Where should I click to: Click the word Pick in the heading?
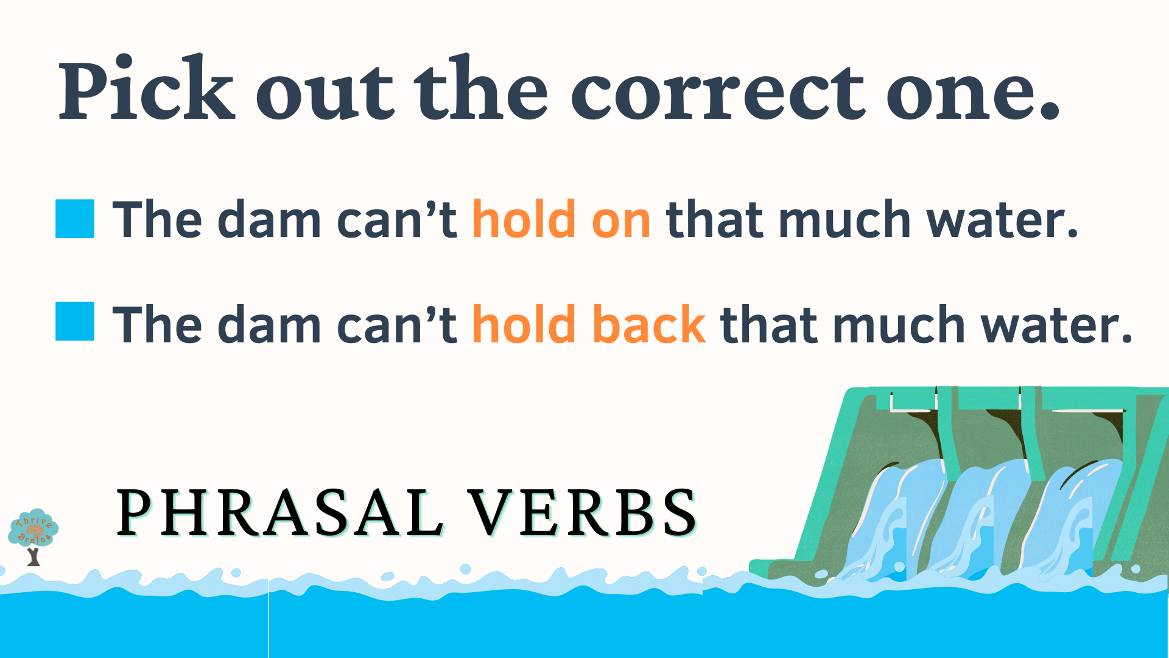click(146, 88)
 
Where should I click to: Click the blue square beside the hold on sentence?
click(75, 218)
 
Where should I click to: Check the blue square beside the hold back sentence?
click(75, 321)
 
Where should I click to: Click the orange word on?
click(621, 221)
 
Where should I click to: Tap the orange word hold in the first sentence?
click(524, 218)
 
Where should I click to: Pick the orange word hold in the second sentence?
click(524, 323)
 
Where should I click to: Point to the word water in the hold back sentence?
click(1056, 324)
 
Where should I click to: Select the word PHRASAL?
click(280, 512)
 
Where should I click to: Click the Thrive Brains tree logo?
click(33, 537)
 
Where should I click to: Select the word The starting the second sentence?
click(157, 324)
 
